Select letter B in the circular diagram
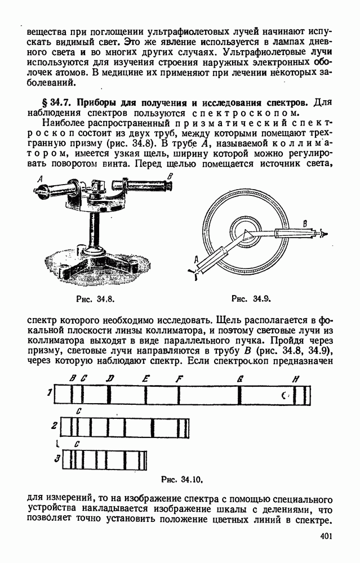[x=305, y=223]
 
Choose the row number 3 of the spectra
[x=57, y=458]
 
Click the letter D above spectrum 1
[x=109, y=379]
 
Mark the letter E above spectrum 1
[x=146, y=379]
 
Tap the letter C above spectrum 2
[x=78, y=412]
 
